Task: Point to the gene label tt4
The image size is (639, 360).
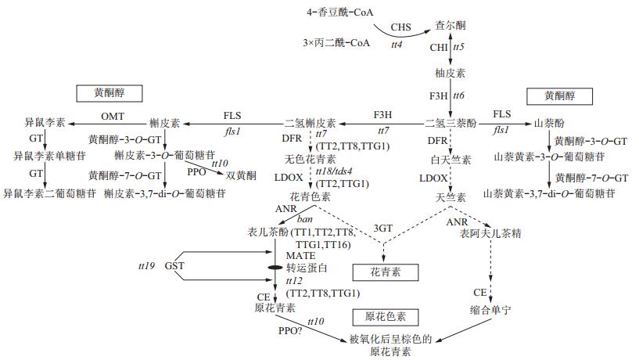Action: click(397, 45)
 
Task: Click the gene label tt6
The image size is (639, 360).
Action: click(459, 95)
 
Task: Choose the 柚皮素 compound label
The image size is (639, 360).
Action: click(450, 73)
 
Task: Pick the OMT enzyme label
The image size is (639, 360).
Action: click(113, 114)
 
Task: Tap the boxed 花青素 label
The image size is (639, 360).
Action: click(384, 272)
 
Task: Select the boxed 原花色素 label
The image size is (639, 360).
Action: click(384, 316)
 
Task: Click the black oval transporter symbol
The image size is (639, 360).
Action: click(275, 268)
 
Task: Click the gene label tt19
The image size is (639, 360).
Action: click(146, 266)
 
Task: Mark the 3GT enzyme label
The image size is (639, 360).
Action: click(383, 228)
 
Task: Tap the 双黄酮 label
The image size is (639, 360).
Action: click(242, 175)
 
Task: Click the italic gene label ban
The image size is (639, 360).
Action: click(304, 220)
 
